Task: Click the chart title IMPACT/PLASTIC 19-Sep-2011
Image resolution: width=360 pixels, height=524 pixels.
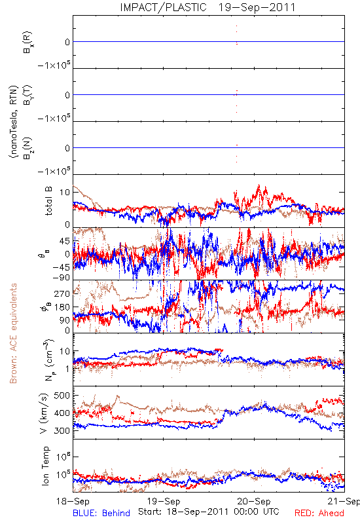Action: (207, 7)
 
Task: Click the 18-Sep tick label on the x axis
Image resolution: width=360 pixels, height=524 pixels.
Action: (73, 501)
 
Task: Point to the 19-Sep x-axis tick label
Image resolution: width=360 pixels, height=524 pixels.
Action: (164, 501)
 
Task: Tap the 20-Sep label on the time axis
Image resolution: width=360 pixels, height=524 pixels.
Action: (254, 501)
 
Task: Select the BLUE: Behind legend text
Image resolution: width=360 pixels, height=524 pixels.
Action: (101, 513)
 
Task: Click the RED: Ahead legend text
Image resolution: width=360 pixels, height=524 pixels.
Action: (319, 513)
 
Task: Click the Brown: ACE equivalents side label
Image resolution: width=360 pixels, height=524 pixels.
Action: (13, 333)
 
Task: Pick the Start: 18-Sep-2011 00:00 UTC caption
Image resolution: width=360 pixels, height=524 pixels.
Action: (209, 512)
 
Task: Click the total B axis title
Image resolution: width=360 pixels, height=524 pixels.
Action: (48, 201)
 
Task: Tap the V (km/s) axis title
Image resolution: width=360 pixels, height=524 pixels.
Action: (45, 413)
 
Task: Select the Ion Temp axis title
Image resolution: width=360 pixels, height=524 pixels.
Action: (45, 466)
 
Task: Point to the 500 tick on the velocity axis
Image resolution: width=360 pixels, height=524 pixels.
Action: (62, 396)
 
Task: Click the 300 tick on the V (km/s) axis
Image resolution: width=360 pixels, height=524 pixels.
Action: (62, 430)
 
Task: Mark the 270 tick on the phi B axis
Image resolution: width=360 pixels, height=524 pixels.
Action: (62, 293)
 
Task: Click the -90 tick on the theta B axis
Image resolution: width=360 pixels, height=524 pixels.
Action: (61, 277)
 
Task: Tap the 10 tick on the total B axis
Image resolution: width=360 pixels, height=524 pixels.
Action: (65, 193)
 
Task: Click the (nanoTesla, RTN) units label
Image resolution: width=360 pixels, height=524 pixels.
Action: (13, 122)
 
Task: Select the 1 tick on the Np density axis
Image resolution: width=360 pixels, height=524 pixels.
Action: (68, 369)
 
